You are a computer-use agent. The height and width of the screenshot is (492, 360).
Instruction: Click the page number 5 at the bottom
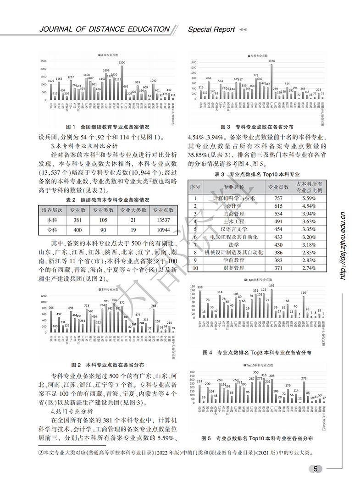click(316, 468)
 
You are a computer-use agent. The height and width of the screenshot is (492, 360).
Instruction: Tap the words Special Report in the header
click(211, 29)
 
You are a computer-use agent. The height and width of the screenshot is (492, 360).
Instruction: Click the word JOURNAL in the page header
click(55, 29)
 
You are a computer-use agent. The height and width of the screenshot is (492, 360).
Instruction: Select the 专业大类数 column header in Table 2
click(133, 210)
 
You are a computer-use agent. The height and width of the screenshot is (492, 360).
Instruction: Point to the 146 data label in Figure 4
click(271, 285)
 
